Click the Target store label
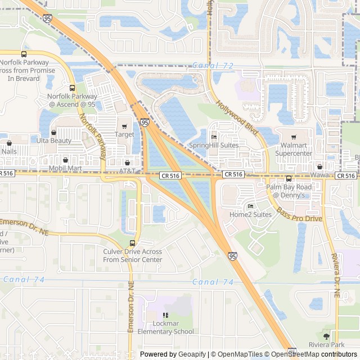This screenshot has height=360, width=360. point(124,134)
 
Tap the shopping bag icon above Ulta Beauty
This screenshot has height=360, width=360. point(54,133)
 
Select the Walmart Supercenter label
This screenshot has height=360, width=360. point(293,149)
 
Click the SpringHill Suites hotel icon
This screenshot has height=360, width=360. point(214,137)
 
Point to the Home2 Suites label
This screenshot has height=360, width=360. point(250,214)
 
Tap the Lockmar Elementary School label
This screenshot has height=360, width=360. point(165,327)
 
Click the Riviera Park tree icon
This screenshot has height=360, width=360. point(326,336)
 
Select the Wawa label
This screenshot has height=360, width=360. point(319,175)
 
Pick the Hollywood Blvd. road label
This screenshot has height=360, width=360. point(237,119)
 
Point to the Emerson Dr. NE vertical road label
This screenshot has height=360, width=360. point(130,307)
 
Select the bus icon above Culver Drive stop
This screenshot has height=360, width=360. point(132,244)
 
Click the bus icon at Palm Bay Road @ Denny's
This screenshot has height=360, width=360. point(289,178)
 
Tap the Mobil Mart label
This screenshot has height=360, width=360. point(65,168)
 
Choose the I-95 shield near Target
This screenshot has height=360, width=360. point(145,122)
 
